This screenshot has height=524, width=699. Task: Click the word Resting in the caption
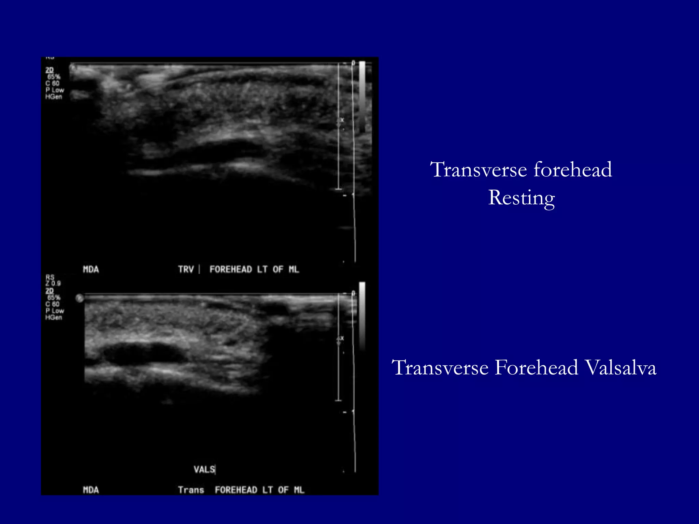521,198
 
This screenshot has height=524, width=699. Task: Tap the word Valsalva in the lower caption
620,368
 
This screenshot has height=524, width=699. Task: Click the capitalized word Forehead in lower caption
536,368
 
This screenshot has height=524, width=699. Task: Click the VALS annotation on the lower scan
204,469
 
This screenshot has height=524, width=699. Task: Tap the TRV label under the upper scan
186,270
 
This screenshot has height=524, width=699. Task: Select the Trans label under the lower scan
191,490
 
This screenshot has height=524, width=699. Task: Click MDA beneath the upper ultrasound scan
91,270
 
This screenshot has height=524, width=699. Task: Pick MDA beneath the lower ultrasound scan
91,490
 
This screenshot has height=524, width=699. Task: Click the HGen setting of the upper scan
54,97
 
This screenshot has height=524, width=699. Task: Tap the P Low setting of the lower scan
55,311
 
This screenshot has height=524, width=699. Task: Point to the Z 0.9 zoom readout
53,283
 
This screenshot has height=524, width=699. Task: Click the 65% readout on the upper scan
54,77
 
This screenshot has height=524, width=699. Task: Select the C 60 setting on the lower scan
53,304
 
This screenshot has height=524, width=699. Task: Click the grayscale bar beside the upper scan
362,96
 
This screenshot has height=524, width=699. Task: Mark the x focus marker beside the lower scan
342,338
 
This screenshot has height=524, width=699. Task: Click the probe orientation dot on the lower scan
80,299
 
